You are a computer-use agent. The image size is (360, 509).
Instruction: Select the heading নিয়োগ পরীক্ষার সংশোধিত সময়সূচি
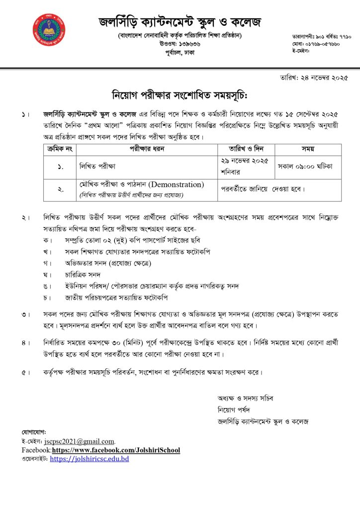click(x=180, y=95)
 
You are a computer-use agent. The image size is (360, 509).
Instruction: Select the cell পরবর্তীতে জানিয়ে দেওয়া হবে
click(x=263, y=189)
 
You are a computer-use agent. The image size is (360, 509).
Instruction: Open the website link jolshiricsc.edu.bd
click(x=90, y=459)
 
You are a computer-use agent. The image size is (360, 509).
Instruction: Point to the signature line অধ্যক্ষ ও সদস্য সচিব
click(x=245, y=398)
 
